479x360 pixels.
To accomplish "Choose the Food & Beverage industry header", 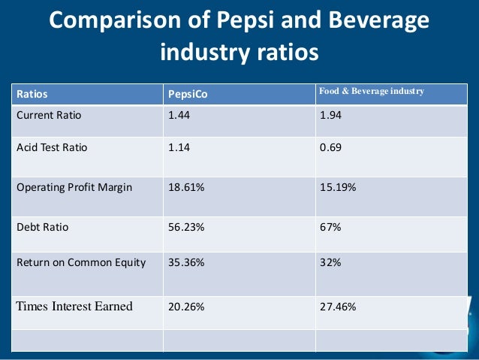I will click(372, 91).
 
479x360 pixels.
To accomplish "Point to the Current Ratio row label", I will click(49, 116).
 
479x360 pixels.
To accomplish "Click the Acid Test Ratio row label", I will click(52, 147).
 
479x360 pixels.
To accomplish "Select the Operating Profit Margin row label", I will click(74, 187).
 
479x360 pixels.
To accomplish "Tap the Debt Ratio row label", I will click(43, 224).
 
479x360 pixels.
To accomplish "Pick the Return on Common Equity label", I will click(81, 262).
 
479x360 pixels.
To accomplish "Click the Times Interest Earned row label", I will click(74, 306).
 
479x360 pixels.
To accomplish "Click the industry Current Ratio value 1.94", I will click(331, 116).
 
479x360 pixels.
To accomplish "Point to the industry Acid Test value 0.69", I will click(330, 147).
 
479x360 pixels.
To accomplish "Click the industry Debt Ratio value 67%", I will click(330, 224).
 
